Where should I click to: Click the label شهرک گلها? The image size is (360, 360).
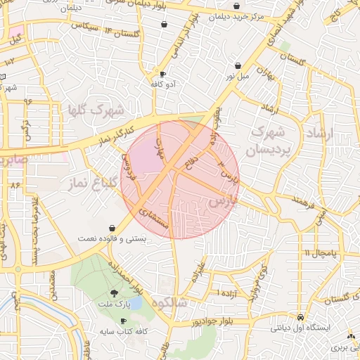click(x=96, y=110)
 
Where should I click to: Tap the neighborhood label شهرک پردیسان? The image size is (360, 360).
click(x=265, y=141)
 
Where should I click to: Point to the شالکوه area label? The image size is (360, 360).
click(x=181, y=302)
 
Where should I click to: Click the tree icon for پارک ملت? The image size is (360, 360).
click(x=114, y=293)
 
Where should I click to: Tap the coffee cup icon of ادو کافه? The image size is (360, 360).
click(x=162, y=74)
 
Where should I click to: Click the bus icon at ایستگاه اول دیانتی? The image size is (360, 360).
click(x=301, y=316)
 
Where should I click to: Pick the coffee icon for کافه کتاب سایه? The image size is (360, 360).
click(x=124, y=321)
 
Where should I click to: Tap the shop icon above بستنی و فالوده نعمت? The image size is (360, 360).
click(x=113, y=228)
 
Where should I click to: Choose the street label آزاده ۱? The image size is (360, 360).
click(x=229, y=292)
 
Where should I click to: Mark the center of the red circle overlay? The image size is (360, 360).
click(x=180, y=180)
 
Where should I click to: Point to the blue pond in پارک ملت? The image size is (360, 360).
click(x=134, y=303)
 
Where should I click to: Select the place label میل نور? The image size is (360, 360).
click(x=238, y=76)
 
